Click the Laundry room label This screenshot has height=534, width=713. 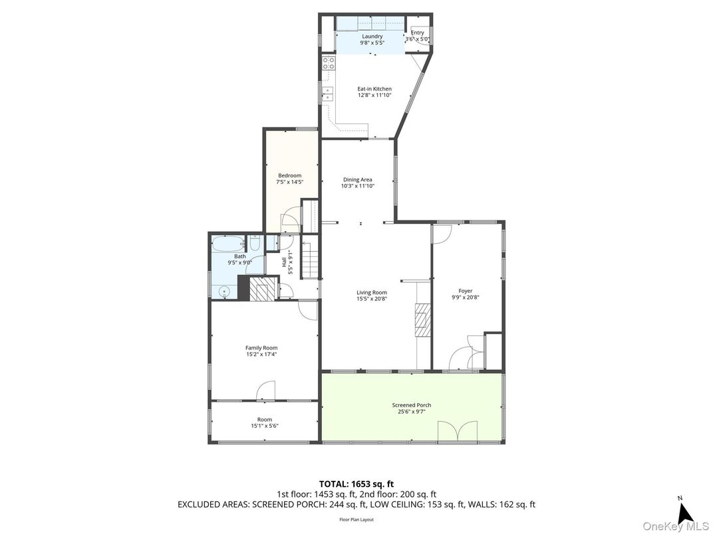click(372, 37)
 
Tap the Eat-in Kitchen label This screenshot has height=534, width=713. click(374, 89)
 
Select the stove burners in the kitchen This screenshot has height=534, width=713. click(328, 64)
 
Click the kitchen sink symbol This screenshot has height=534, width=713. click(327, 94)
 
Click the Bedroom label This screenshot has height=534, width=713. click(289, 175)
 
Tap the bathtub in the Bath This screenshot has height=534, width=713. click(228, 243)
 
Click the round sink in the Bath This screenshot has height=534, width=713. click(224, 290)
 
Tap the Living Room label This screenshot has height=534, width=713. click(371, 292)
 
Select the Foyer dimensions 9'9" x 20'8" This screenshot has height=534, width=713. click(465, 298)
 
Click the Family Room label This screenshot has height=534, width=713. click(261, 348)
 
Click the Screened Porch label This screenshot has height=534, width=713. click(412, 405)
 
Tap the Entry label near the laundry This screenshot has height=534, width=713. click(417, 33)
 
